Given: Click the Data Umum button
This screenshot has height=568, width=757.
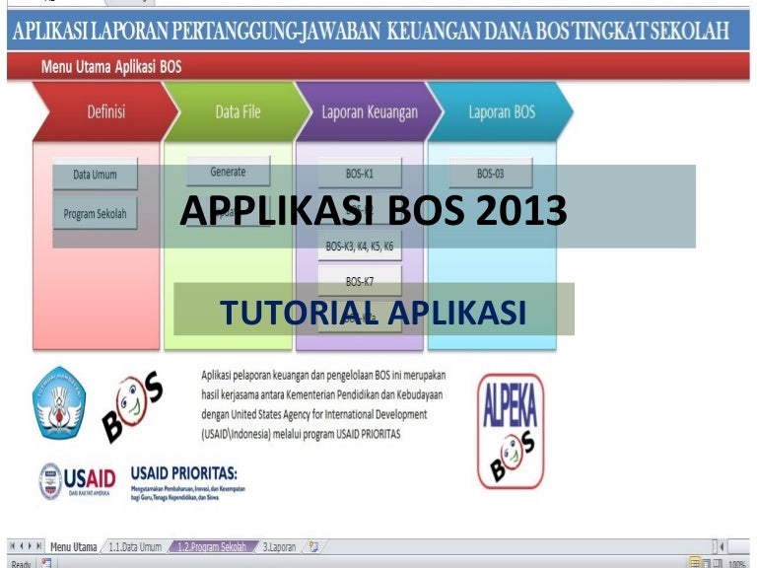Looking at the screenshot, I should pyautogui.click(x=95, y=175).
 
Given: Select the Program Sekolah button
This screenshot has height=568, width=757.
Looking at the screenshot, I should pyautogui.click(x=95, y=213).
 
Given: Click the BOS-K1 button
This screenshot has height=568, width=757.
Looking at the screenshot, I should pyautogui.click(x=359, y=174).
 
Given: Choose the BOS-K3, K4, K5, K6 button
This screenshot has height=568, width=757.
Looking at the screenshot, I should pyautogui.click(x=359, y=246).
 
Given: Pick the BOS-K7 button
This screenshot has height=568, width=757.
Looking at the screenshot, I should pyautogui.click(x=359, y=281).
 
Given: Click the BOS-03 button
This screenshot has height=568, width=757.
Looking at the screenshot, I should pyautogui.click(x=490, y=174).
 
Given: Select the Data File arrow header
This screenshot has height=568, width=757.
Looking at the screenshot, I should pyautogui.click(x=237, y=111).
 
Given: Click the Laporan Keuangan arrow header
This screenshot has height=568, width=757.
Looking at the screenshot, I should pyautogui.click(x=369, y=111).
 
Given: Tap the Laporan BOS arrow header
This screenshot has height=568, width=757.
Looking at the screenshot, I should pyautogui.click(x=501, y=111).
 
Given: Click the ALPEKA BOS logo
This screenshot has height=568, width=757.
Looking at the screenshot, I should pyautogui.click(x=510, y=431).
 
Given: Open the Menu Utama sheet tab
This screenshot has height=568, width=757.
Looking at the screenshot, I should pyautogui.click(x=73, y=546).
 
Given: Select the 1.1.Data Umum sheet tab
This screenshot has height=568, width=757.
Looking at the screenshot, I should pyautogui.click(x=134, y=546).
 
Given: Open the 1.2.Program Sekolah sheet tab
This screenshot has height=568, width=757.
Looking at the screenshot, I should pyautogui.click(x=210, y=546).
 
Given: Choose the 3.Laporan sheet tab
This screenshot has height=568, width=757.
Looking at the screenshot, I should pyautogui.click(x=279, y=546).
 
